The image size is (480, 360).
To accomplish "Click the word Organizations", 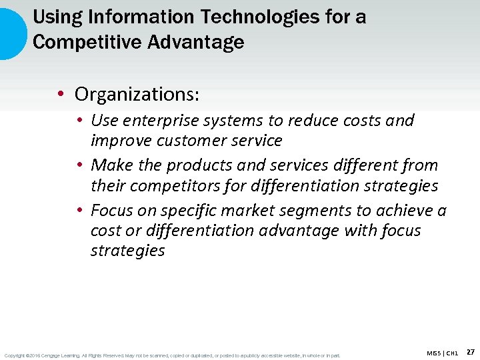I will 137,94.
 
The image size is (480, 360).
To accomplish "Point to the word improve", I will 121,141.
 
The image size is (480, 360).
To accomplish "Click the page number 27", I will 470,352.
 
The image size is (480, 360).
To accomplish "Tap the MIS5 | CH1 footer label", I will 442,353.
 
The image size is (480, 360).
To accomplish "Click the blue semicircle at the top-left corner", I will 12,33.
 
